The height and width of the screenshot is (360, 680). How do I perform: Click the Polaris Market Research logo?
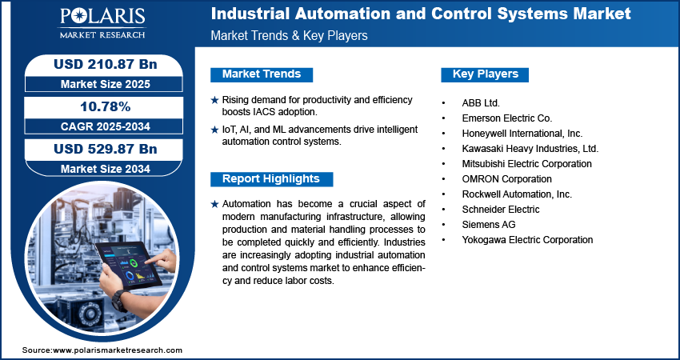point(102,23)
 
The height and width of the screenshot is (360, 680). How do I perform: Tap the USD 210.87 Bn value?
point(105,64)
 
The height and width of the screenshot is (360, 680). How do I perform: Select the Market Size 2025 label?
point(105,84)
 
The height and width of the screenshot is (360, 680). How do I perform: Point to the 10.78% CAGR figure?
point(105,106)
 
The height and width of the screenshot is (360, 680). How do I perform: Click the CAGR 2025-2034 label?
point(105,126)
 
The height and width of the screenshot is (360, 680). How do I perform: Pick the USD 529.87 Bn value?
point(105,149)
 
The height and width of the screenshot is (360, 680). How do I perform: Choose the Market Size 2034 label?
point(105,169)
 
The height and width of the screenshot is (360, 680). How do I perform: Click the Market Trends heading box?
point(262,74)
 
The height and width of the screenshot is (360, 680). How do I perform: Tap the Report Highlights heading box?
point(271,179)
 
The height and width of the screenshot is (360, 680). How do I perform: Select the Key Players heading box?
point(485,74)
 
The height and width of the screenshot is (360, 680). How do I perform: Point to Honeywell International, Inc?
point(522,134)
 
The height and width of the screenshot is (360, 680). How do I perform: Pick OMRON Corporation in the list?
point(506,179)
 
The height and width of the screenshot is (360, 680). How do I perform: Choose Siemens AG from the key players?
point(489,225)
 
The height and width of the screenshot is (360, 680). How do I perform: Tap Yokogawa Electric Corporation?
point(527,240)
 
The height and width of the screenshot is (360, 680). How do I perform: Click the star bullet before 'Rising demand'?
point(214,100)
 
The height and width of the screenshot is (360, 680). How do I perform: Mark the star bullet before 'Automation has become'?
point(214,204)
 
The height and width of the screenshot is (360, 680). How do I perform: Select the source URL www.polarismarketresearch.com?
point(118,350)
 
